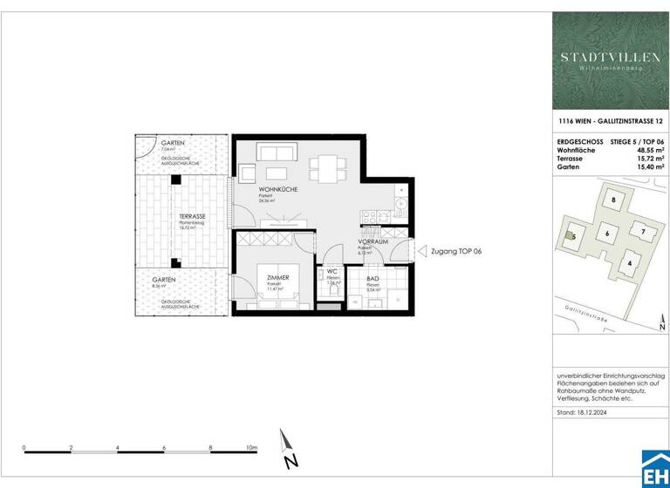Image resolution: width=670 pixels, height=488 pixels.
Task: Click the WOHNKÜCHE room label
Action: click(278, 190)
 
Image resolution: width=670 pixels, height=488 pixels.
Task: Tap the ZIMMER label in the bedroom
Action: click(278, 276)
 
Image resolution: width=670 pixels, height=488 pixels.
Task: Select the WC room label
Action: click(332, 271)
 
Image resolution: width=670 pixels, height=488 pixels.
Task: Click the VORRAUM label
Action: click(373, 241)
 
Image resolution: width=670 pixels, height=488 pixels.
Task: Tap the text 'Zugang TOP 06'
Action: click(456, 251)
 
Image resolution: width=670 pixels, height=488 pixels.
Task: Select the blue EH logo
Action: click(655, 471)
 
